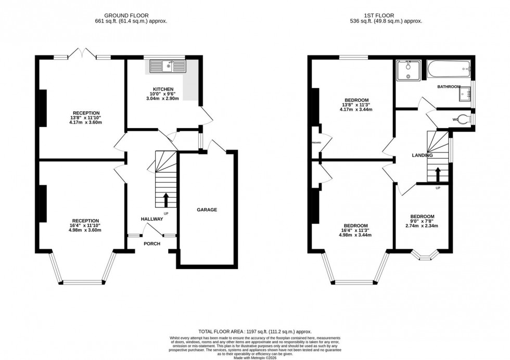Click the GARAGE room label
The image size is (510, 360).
(x=207, y=210)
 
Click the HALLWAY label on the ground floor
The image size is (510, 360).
(x=152, y=219)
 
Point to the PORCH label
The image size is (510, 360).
(x=152, y=243)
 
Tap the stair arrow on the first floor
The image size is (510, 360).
(x=437, y=173)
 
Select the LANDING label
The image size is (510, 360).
(x=422, y=155)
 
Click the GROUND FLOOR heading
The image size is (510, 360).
(x=127, y=16)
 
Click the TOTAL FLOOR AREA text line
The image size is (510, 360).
(x=254, y=331)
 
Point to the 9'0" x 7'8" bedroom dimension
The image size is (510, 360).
(x=422, y=221)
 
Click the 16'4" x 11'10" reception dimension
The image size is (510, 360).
(x=86, y=225)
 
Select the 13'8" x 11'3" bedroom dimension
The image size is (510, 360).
(x=356, y=105)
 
